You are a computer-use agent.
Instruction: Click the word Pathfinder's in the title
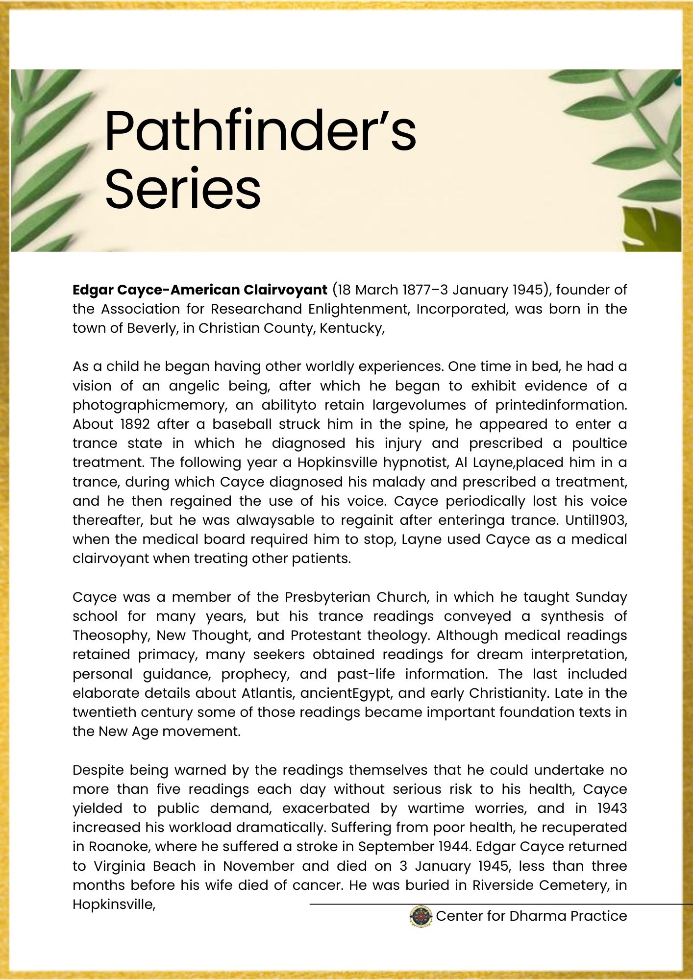pyautogui.click(x=260, y=133)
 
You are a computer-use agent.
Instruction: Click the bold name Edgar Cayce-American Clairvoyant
pyautogui.click(x=199, y=290)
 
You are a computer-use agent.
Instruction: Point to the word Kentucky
pyautogui.click(x=351, y=328)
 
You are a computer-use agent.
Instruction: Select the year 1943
pyautogui.click(x=612, y=808)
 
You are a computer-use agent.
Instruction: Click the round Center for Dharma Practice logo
pyautogui.click(x=421, y=916)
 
